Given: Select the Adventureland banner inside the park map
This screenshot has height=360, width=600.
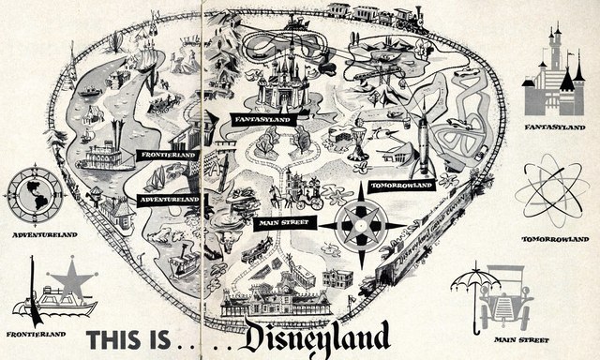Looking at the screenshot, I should [169, 200].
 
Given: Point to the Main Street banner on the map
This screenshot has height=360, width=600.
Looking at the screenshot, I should [282, 223].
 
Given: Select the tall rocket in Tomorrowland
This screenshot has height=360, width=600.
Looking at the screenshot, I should [422, 145].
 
